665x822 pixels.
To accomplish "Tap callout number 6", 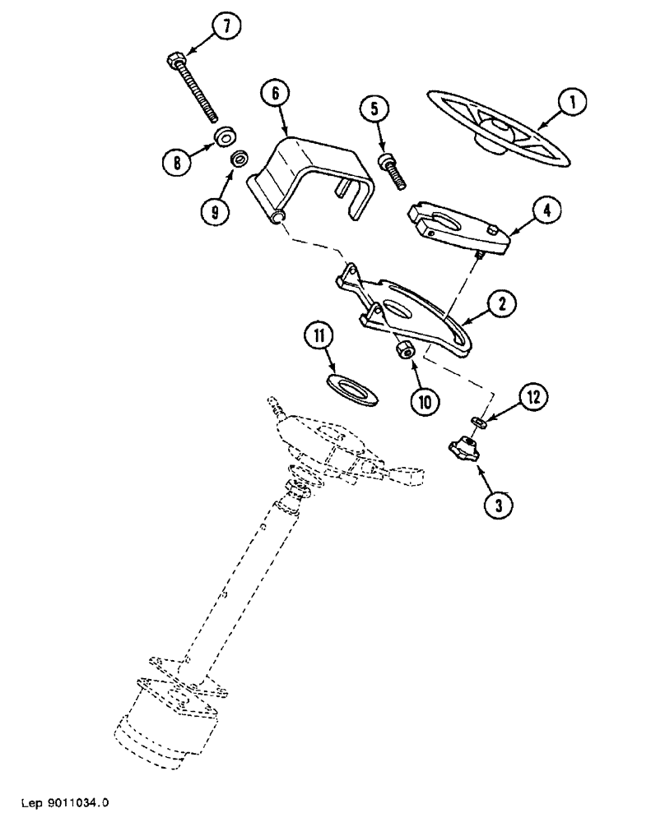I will coord(275,94).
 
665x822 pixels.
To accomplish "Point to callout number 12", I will coord(532,398).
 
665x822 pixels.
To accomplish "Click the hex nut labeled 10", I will coord(403,352).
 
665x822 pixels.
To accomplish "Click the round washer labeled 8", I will coord(224,136).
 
